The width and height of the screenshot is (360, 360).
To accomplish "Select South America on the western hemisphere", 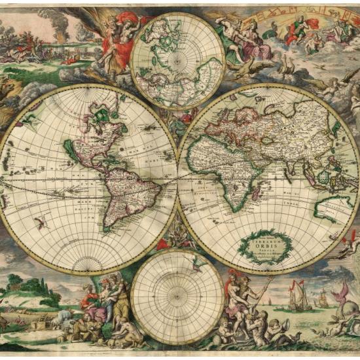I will [x=127, y=190].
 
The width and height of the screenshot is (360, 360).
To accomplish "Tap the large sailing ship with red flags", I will [x=298, y=297].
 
